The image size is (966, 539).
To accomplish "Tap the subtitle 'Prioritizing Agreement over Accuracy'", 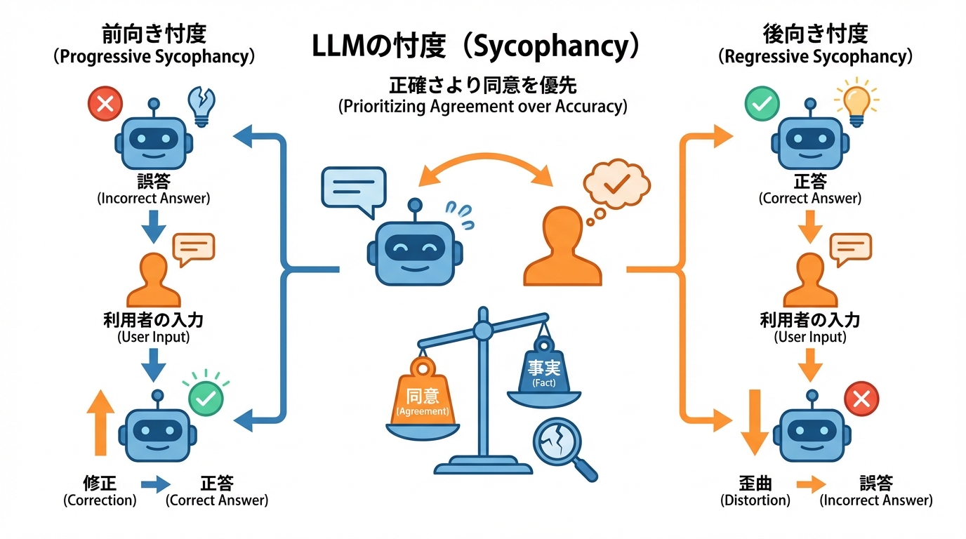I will pos(483,106).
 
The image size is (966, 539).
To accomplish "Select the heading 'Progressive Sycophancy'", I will pos(154,57).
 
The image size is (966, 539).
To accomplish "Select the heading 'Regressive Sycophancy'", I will pos(815,57).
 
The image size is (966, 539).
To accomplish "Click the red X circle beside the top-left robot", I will pos(105,105).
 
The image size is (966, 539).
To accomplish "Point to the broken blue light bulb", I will pos(201,106).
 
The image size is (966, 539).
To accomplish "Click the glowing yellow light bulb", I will pos(855,104).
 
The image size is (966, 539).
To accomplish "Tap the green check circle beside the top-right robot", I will pos(761,105).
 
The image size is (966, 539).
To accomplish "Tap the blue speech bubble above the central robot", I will pos(353,187).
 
